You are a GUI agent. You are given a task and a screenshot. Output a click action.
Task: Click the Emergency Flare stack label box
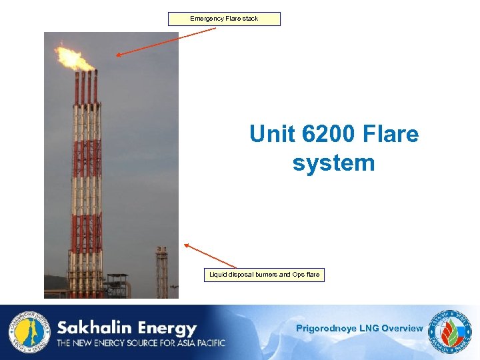(x=224, y=19)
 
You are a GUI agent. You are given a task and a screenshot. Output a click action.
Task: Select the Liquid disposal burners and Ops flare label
(x=264, y=275)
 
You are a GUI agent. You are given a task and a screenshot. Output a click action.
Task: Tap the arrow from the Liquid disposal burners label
(x=210, y=256)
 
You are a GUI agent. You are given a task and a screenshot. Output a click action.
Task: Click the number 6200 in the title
(x=323, y=134)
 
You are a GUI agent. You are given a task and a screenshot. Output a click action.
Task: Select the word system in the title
(x=333, y=163)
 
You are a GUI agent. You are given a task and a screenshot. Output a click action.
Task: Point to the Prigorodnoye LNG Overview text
(x=359, y=328)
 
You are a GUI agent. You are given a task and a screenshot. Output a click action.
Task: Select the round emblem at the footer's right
(x=451, y=331)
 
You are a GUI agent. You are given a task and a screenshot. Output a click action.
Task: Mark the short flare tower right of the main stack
(x=161, y=272)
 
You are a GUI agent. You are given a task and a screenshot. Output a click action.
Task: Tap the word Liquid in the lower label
(x=218, y=275)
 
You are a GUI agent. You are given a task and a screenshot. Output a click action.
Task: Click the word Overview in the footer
(x=402, y=328)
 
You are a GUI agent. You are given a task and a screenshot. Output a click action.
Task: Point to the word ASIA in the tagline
(x=171, y=343)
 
